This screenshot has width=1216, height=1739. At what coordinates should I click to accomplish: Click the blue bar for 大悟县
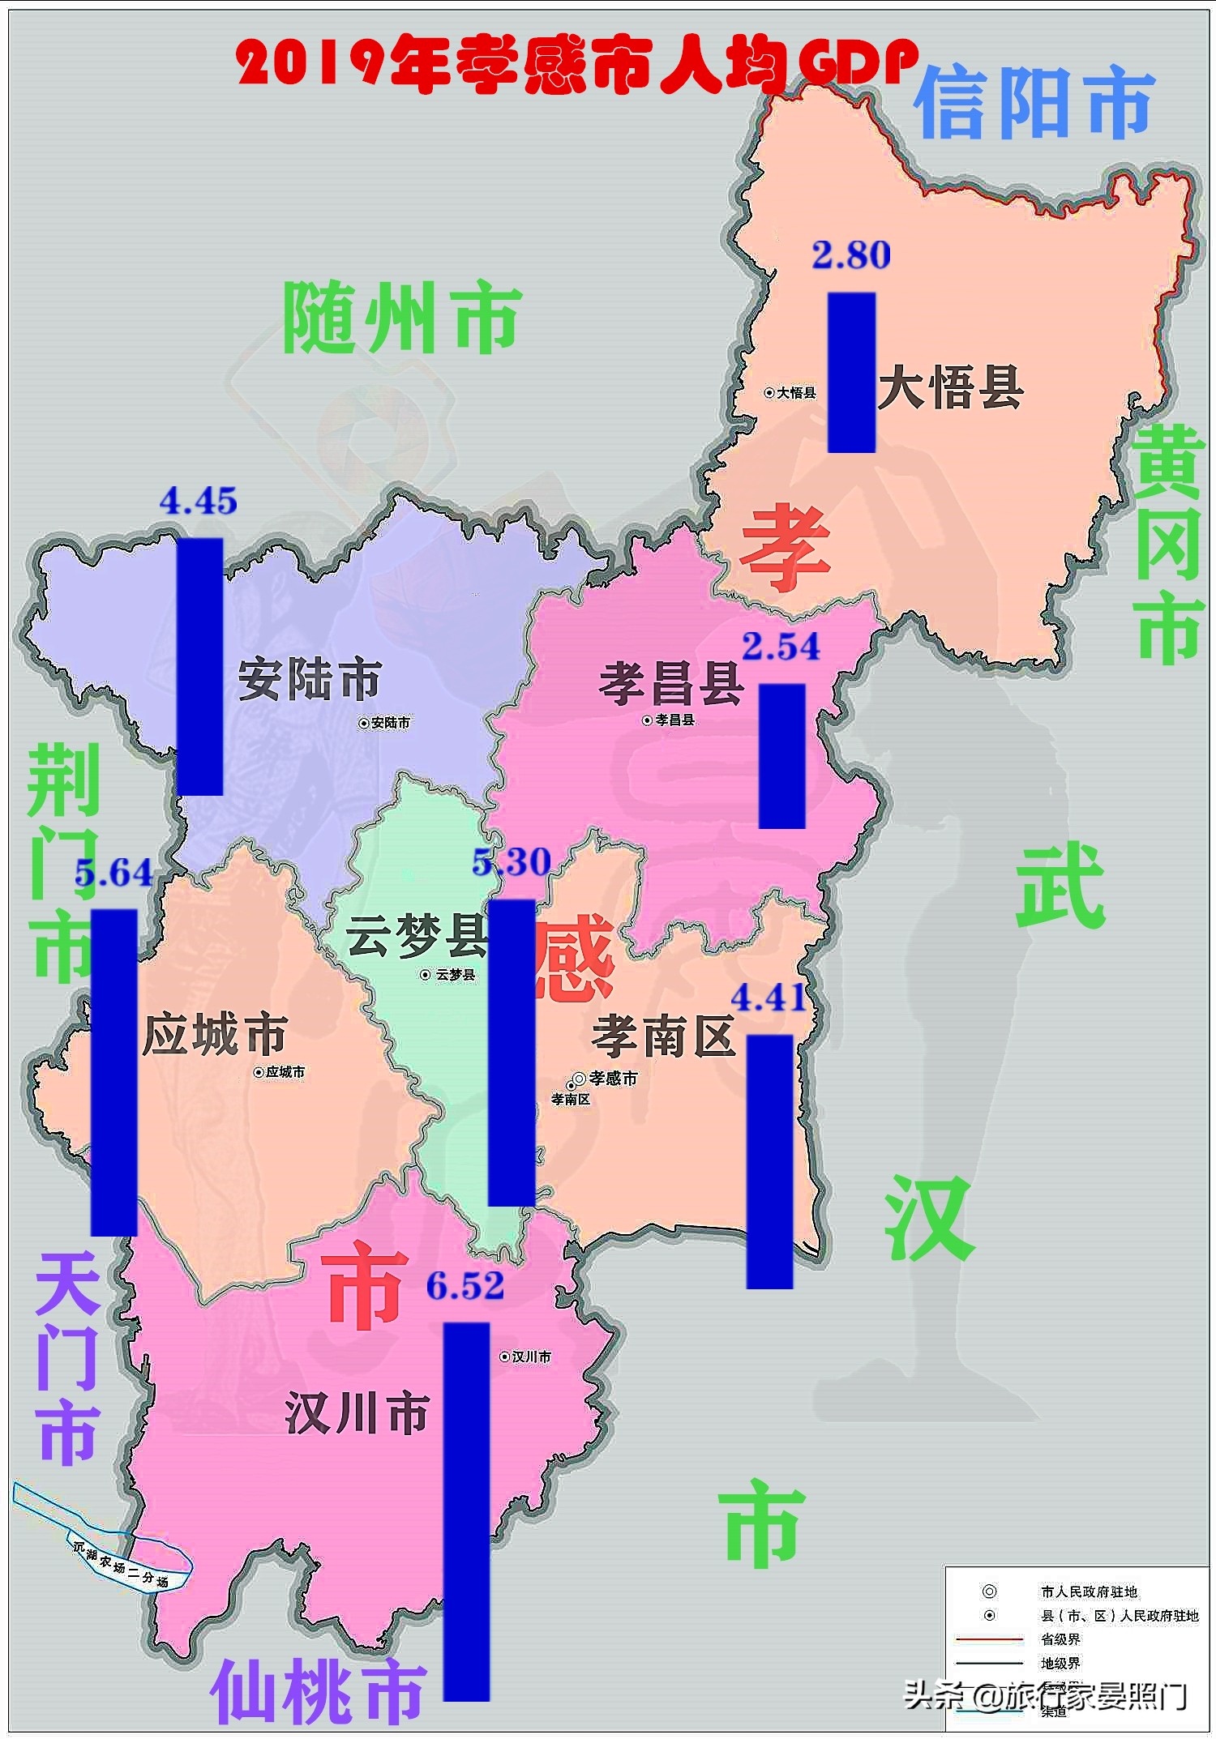click(x=851, y=372)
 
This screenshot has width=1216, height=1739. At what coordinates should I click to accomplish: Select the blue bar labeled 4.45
click(x=199, y=666)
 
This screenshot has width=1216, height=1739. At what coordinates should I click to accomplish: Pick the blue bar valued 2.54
click(x=782, y=755)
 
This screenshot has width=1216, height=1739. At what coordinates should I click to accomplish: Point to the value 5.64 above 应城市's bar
click(x=113, y=873)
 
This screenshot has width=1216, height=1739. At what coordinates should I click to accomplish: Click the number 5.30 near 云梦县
click(x=512, y=862)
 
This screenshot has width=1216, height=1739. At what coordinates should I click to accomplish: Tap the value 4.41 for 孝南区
click(x=769, y=998)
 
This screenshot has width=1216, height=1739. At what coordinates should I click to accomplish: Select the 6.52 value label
click(x=465, y=1286)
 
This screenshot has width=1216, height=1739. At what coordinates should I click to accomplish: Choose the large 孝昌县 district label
click(x=671, y=683)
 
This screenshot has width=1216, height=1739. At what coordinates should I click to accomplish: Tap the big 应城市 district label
click(x=214, y=1035)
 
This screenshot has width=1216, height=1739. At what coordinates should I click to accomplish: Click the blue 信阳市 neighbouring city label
click(x=1034, y=103)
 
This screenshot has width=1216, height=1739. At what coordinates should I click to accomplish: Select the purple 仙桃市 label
click(x=318, y=1692)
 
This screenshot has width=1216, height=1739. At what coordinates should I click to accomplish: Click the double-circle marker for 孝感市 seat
click(x=579, y=1079)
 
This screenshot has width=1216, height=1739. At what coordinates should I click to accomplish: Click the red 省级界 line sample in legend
click(x=990, y=1639)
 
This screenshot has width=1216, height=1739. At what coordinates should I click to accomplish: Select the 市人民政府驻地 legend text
click(x=1089, y=1592)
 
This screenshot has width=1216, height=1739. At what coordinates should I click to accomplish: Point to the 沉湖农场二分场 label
click(x=120, y=1564)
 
